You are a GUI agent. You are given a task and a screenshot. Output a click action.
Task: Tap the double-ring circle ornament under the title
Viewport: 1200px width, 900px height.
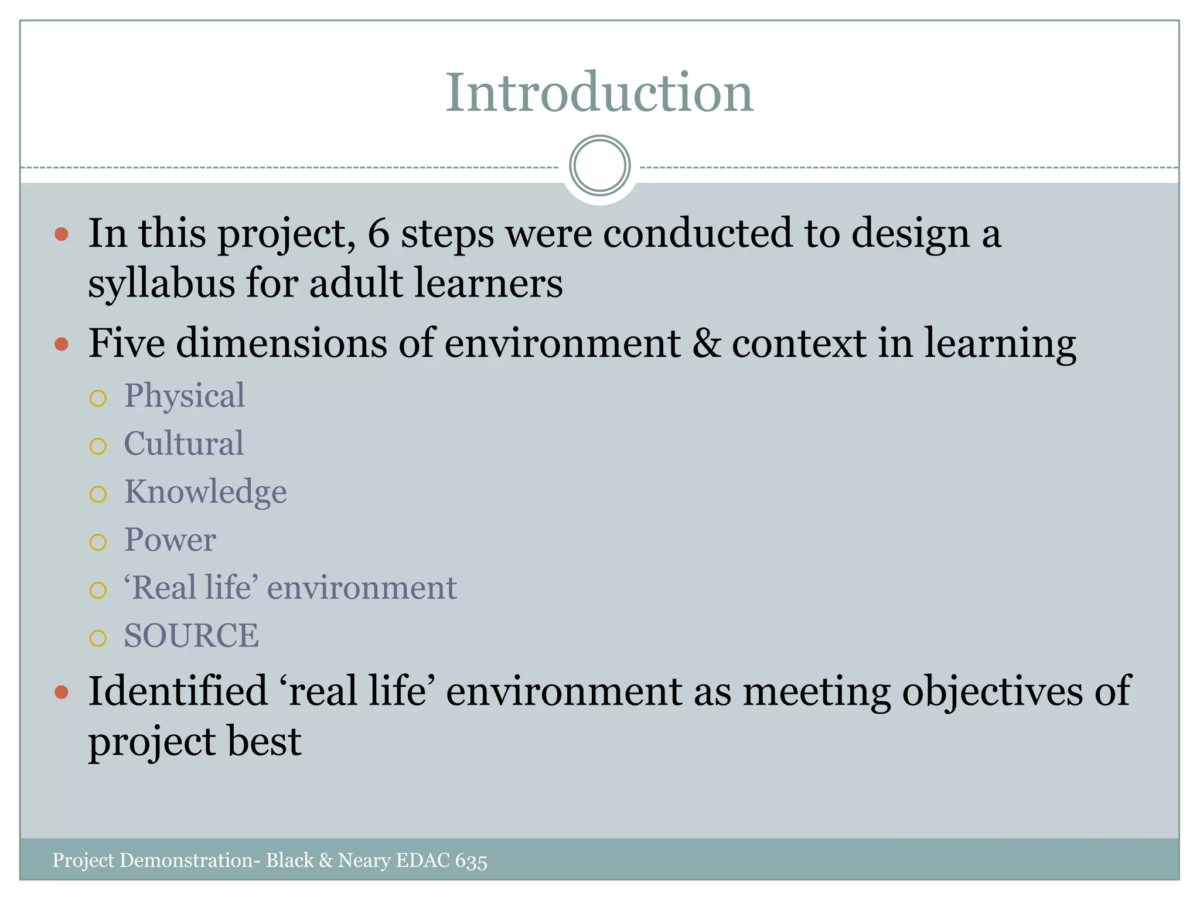[599, 166]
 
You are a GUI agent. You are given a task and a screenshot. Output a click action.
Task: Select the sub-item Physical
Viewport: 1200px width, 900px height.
[184, 396]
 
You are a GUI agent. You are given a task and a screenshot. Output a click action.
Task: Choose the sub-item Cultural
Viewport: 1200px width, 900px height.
[183, 444]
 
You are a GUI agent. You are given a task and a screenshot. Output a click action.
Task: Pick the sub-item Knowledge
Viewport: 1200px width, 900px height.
[205, 492]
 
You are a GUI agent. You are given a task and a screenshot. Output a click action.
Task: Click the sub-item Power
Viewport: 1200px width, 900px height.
[170, 540]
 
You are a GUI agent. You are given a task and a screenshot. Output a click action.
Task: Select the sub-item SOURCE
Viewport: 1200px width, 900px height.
[191, 636]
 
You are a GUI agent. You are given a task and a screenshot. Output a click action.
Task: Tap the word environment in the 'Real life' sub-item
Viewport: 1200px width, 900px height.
[362, 588]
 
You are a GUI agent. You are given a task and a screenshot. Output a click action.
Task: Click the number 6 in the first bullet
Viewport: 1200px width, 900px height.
[379, 233]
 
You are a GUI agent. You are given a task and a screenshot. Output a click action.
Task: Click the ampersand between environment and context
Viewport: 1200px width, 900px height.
[706, 343]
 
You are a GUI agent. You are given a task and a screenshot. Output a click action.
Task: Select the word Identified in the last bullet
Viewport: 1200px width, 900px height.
[178, 691]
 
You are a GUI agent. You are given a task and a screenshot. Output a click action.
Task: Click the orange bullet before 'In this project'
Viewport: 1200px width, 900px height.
[62, 235]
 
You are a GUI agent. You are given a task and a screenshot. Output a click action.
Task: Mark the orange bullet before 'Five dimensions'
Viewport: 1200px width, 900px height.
[62, 344]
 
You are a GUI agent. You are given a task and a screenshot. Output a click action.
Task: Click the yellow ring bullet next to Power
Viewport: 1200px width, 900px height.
[98, 542]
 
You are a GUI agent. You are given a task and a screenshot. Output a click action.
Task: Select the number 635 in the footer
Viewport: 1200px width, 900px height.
[471, 861]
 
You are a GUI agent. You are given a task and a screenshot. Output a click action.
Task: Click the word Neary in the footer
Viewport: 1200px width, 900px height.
[363, 860]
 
